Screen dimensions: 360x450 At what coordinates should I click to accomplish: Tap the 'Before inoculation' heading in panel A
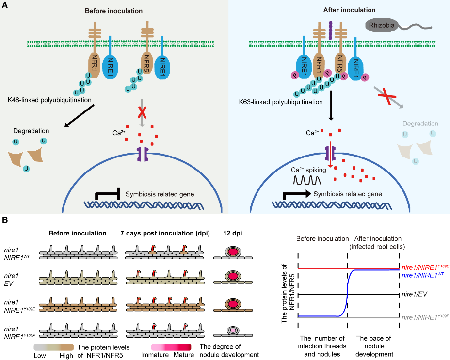(x=114, y=10)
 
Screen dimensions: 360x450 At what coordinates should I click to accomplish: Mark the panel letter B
(x=4, y=220)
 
